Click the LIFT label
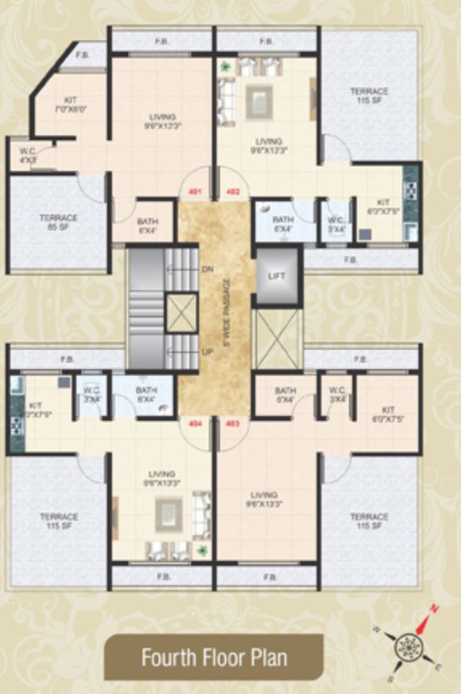coord(276,276)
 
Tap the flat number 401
coord(193,192)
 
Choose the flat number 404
coord(193,422)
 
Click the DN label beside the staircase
coord(207,268)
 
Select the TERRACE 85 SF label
coord(58,222)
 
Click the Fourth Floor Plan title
coord(214,658)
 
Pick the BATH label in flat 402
coord(282,223)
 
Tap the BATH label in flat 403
coord(285,394)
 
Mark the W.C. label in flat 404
coord(91,394)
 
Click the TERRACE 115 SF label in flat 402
coord(368,95)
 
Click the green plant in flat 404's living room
coord(202,551)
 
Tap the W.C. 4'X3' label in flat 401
coord(27,156)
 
